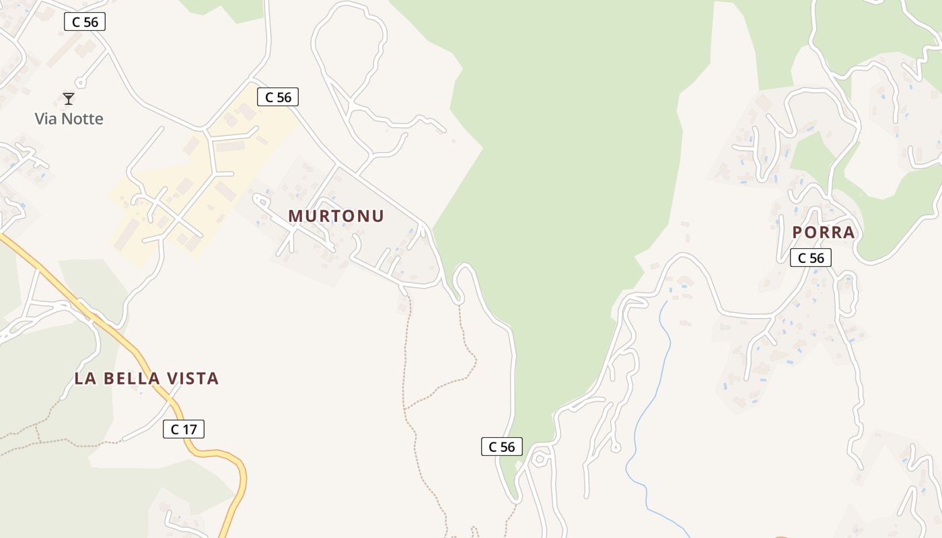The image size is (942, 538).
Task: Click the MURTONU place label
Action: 336,216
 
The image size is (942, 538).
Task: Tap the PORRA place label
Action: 823,233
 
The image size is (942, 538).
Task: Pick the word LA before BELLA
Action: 84,379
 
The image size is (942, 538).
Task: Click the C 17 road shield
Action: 183,429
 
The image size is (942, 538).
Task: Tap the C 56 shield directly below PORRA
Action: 811,258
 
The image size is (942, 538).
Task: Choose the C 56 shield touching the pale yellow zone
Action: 278,98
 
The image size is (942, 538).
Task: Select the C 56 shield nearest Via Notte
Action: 85,22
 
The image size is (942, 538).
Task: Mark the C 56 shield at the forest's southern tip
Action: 501,447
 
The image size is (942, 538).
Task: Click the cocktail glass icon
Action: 69,99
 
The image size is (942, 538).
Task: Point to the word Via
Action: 44,119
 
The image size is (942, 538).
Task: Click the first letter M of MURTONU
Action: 295,216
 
